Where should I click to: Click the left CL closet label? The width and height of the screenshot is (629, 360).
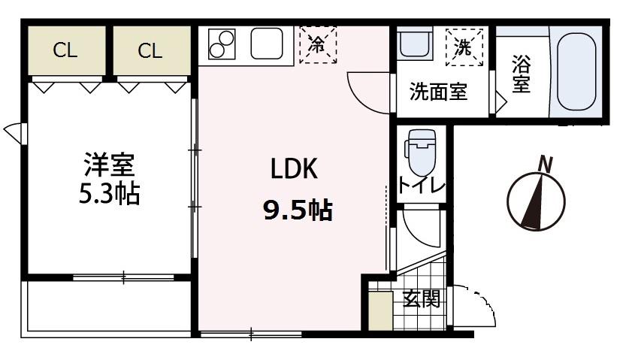click(x=65, y=50)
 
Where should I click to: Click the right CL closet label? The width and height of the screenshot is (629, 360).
click(x=150, y=50)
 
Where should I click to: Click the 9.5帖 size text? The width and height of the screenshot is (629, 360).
click(x=297, y=211)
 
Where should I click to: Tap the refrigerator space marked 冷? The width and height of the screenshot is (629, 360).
click(x=317, y=44)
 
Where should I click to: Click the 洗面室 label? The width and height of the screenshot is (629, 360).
click(x=438, y=92)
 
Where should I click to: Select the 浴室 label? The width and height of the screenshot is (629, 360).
click(x=520, y=73)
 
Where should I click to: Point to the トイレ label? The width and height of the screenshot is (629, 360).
click(x=422, y=186)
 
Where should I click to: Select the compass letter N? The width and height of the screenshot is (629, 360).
click(x=546, y=163)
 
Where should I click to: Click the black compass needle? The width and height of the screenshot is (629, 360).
click(x=536, y=201)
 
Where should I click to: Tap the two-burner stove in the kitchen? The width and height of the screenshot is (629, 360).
click(x=220, y=44)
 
